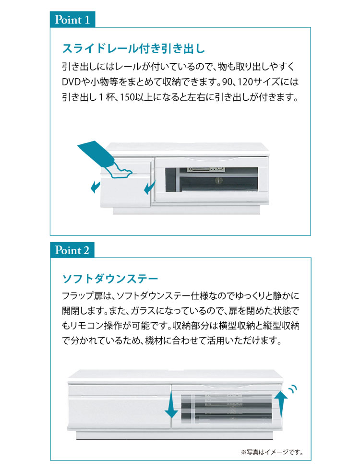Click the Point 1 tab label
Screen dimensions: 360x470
(72, 20)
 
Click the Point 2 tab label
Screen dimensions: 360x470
(72, 250)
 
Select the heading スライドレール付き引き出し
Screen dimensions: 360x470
(133, 48)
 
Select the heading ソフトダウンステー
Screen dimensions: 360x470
(110, 279)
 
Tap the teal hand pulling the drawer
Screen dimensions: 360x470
(105, 160)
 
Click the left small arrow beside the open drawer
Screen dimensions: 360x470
(96, 187)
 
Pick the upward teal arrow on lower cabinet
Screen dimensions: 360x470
(281, 404)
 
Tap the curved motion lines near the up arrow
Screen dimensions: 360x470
(293, 388)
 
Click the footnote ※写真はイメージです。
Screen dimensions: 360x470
(272, 452)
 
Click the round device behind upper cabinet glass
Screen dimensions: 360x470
(218, 181)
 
